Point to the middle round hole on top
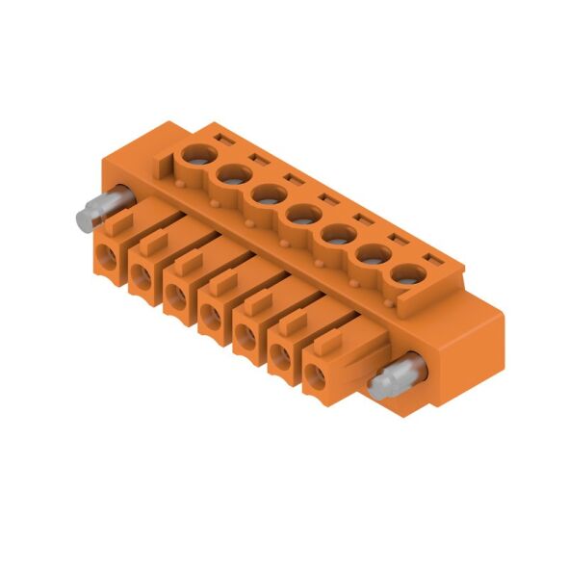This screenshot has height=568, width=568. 300,213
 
